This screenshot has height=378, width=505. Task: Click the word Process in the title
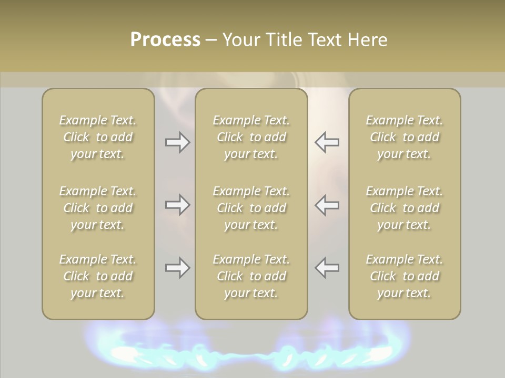click(165, 40)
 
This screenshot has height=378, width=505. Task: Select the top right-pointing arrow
click(177, 143)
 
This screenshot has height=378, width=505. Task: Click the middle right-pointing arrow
click(177, 205)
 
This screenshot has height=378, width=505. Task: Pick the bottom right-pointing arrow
click(177, 268)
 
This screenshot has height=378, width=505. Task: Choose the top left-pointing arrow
click(327, 143)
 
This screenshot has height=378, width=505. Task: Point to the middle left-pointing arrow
click(327, 205)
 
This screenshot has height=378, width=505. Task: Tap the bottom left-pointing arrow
click(327, 268)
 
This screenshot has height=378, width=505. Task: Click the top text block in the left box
click(98, 137)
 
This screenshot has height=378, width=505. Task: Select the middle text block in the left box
click(98, 208)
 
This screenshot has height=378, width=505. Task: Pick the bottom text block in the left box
click(98, 276)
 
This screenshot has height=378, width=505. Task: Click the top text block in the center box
click(251, 137)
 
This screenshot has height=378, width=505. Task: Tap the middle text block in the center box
click(251, 208)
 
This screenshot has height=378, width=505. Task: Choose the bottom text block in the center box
click(251, 276)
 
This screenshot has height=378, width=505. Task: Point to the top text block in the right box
click(404, 137)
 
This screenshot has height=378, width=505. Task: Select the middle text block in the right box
click(404, 208)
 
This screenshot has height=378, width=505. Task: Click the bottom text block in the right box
click(404, 276)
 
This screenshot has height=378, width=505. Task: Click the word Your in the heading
click(240, 40)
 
